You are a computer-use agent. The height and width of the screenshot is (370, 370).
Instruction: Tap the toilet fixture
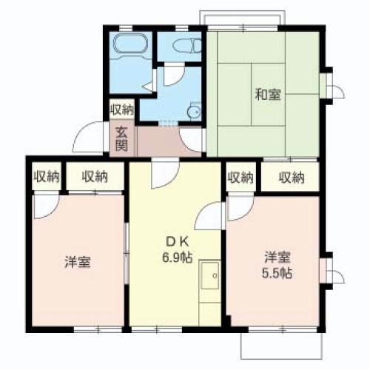184,47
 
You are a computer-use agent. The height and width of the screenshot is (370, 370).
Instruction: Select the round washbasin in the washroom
194,111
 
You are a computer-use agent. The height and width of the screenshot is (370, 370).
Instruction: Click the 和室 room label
267,95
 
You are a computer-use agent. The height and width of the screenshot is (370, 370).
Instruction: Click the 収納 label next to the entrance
122,110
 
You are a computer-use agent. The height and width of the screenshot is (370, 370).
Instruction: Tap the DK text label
175,243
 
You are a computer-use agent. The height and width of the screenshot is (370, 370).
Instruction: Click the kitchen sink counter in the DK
209,285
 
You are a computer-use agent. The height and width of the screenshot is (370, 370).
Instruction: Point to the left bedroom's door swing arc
44,207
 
